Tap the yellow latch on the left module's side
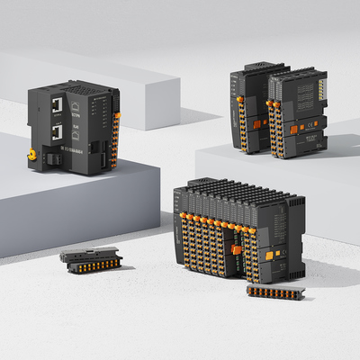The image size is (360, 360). [x=34, y=154]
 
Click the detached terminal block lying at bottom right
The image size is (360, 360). [x=275, y=292]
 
